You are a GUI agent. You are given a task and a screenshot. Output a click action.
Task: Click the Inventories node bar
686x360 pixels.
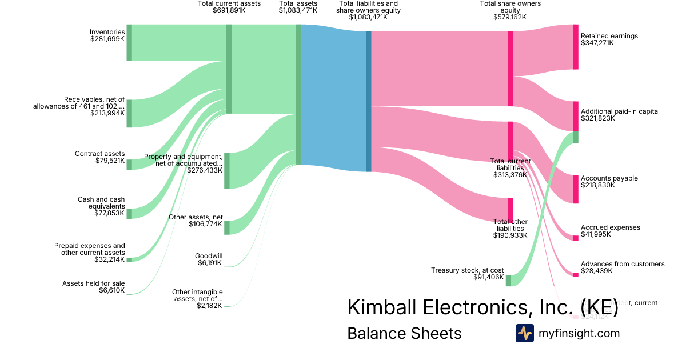129,42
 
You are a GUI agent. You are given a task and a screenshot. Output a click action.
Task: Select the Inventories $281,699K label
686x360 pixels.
107,35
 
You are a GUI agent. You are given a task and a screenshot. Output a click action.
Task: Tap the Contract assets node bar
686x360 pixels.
129,165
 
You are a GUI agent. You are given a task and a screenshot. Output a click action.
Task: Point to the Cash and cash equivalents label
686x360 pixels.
101,206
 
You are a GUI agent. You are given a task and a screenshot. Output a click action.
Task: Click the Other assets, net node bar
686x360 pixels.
227,227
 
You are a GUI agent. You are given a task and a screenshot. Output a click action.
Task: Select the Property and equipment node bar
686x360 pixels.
227,170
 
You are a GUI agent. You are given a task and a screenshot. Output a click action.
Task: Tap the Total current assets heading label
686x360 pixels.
229,7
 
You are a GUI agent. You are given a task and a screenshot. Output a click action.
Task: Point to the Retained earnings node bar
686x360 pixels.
576,47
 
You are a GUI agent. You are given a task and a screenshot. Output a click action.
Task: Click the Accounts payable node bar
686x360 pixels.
576,189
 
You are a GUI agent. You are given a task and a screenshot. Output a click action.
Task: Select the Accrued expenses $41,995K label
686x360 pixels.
610,231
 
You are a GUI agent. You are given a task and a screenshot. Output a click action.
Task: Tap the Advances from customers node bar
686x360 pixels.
576,274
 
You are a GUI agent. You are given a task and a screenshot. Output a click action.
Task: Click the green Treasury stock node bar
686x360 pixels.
508,280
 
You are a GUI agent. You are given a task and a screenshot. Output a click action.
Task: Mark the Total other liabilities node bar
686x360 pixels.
510,209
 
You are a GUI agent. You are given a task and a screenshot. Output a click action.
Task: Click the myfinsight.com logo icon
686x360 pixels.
525,333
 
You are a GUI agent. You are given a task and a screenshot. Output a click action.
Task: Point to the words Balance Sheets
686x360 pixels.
404,333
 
